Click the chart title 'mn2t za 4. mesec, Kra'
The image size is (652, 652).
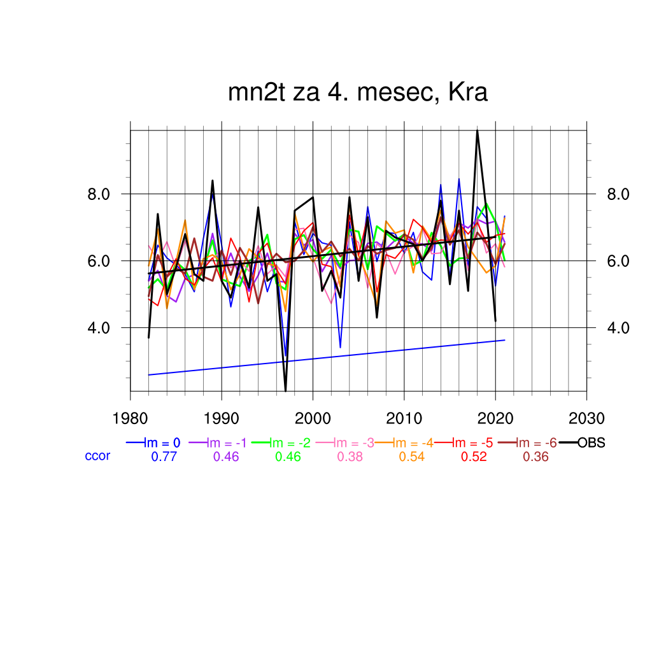(x=358, y=93)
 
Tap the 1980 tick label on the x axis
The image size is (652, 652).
(x=131, y=419)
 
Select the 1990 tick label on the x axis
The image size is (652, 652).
(x=222, y=419)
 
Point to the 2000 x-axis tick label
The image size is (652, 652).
(x=313, y=419)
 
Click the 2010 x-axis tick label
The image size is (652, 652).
(x=404, y=419)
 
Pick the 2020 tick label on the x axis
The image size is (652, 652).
(x=495, y=419)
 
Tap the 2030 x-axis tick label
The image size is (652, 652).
(x=586, y=419)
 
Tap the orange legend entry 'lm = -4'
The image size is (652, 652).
(x=413, y=443)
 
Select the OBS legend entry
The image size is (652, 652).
(x=591, y=443)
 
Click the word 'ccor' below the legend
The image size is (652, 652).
(x=97, y=456)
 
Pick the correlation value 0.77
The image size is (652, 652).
(x=164, y=457)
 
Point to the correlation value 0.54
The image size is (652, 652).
(x=412, y=457)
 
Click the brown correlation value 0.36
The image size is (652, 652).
(x=535, y=457)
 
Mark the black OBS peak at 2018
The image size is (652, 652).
(x=477, y=131)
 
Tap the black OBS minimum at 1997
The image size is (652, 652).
(x=286, y=390)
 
